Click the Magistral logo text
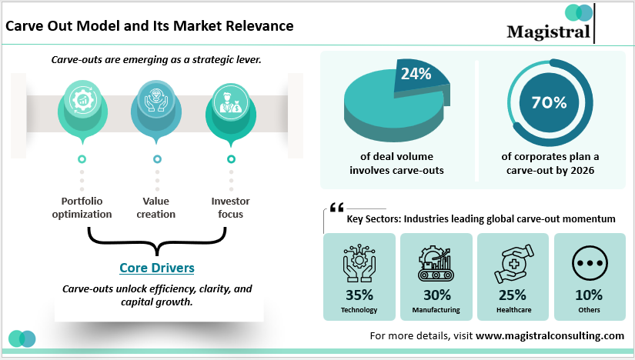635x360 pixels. point(548,32)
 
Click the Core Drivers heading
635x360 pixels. point(156,268)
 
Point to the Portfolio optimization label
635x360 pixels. point(82,208)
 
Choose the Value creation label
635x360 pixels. point(156,208)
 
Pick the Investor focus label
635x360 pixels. point(230,208)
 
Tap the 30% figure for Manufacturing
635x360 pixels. point(436,295)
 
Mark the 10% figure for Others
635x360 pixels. point(589,295)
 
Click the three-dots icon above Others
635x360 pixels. point(589,263)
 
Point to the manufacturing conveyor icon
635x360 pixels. point(436,263)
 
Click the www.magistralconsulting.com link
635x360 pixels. point(550,335)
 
